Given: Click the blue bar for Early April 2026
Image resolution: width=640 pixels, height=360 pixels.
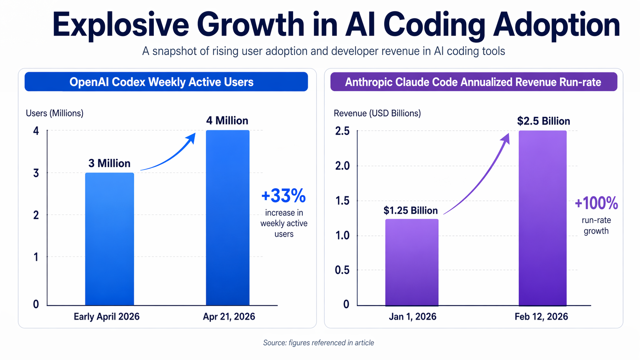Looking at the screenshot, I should pyautogui.click(x=109, y=239).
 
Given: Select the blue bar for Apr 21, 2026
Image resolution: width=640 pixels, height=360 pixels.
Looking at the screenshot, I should pyautogui.click(x=228, y=218).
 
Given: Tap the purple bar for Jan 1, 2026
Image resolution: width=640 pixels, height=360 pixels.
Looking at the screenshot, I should pyautogui.click(x=411, y=262).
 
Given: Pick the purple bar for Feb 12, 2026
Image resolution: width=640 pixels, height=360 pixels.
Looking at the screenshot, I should pyautogui.click(x=542, y=218).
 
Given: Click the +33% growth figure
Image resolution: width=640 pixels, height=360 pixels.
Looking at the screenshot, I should pyautogui.click(x=284, y=196).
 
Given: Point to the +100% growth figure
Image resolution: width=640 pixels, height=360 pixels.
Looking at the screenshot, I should pyautogui.click(x=596, y=203).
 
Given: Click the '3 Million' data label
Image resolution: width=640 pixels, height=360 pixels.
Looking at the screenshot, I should pyautogui.click(x=109, y=163).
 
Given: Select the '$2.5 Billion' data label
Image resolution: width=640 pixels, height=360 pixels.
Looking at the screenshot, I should pyautogui.click(x=544, y=121).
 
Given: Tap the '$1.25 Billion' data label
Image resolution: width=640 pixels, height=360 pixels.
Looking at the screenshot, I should pyautogui.click(x=411, y=210).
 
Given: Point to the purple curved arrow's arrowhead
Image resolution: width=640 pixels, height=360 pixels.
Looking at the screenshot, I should pyautogui.click(x=506, y=138).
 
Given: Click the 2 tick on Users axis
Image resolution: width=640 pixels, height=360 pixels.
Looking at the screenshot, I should pyautogui.click(x=36, y=215).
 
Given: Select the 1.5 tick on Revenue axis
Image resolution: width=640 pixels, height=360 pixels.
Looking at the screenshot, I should pyautogui.click(x=342, y=201).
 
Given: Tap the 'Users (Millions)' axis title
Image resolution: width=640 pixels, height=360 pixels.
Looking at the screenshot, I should pyautogui.click(x=54, y=113).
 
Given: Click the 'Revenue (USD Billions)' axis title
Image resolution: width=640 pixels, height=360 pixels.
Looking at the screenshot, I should pyautogui.click(x=377, y=113).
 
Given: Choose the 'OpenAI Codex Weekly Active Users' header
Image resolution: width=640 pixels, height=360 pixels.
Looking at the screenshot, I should pyautogui.click(x=161, y=82).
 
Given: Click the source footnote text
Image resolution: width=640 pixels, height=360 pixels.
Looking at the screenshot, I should pyautogui.click(x=318, y=343).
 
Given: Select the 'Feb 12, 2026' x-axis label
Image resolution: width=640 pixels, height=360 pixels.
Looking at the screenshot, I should pyautogui.click(x=541, y=317).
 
